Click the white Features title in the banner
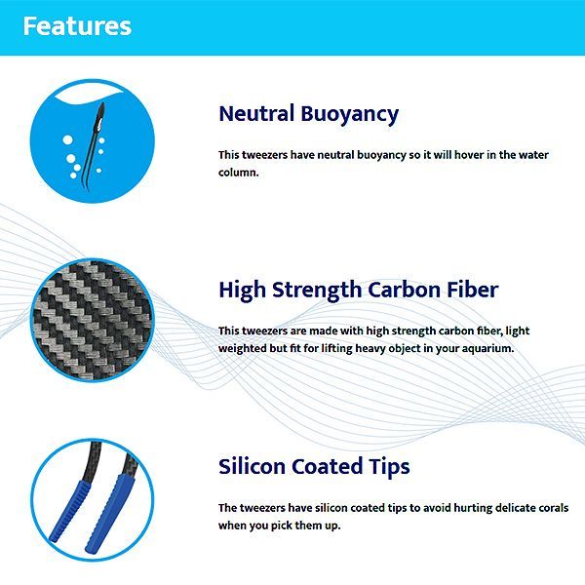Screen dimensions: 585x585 click(77, 25)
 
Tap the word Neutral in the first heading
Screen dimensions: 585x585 click(256, 113)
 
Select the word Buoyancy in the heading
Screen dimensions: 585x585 click(350, 115)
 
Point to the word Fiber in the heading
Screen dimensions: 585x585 click(473, 290)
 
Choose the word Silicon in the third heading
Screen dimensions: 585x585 click(252, 466)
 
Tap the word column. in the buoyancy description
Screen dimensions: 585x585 click(239, 173)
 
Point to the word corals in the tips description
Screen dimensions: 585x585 click(554, 508)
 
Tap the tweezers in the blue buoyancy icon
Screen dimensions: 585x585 click(94, 145)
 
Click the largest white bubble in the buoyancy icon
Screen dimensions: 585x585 click(67, 139)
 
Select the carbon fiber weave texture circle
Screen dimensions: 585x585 click(93, 320)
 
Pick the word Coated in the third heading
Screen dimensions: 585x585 click(327, 466)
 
